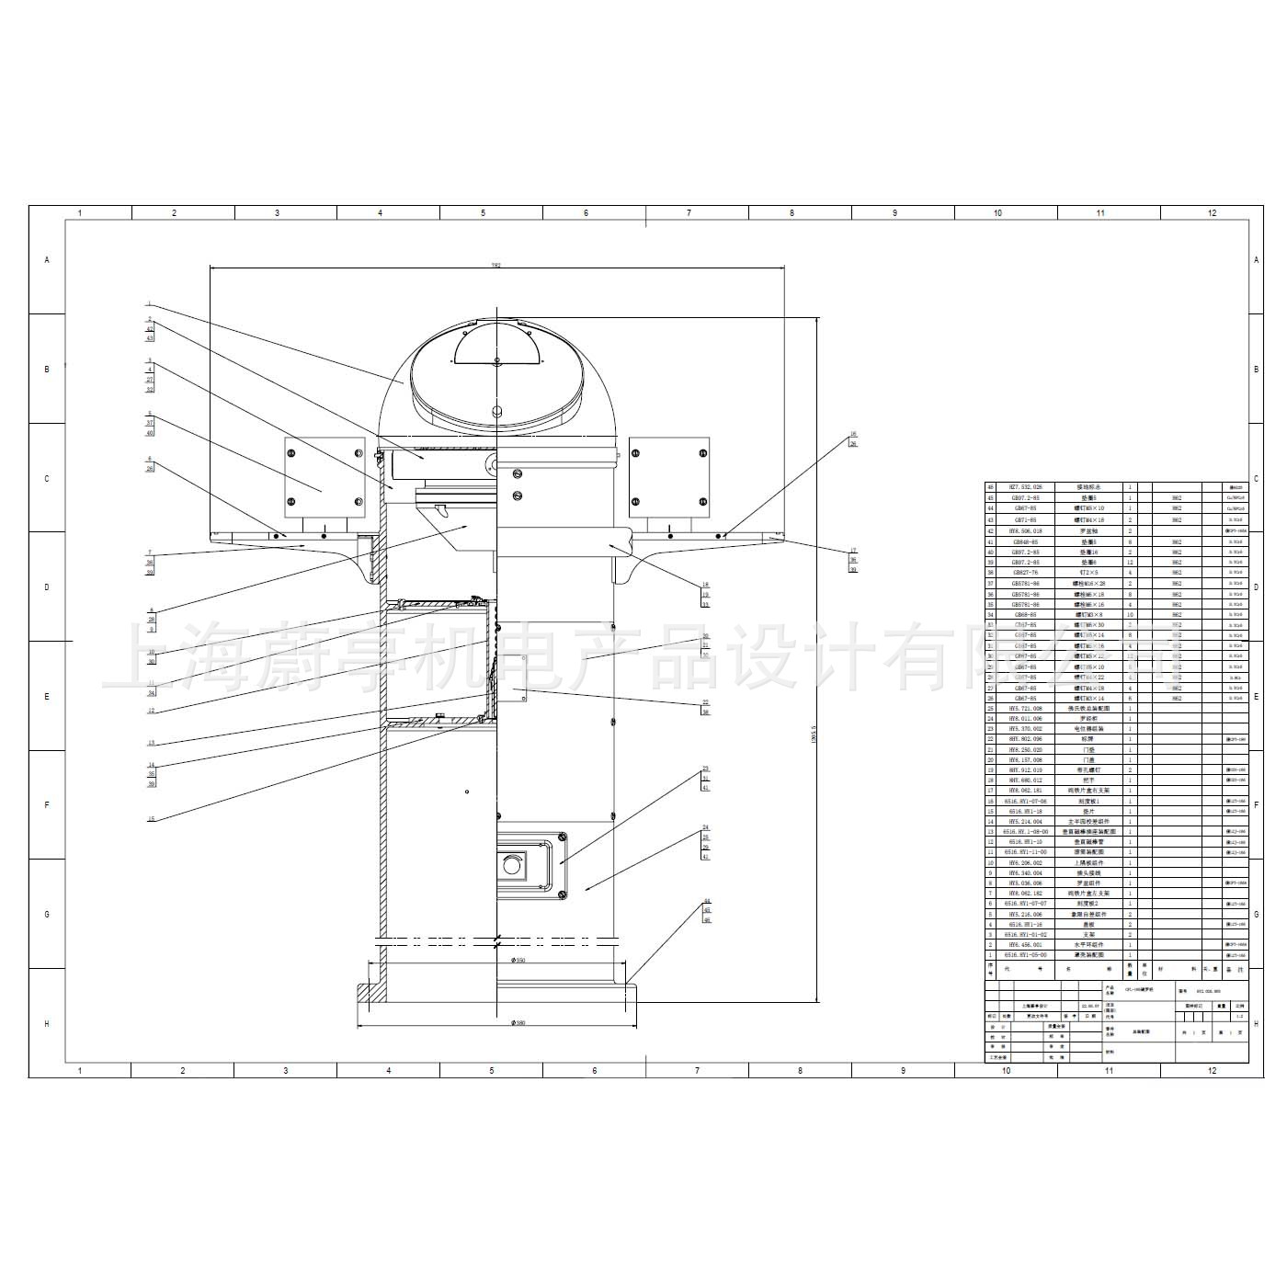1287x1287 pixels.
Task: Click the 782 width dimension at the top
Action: [x=495, y=265]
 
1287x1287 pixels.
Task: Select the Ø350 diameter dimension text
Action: [x=519, y=961]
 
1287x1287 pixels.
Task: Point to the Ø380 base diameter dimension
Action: [x=519, y=1022]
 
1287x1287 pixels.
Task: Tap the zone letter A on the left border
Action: [x=47, y=260]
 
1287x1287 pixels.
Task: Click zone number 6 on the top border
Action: [x=586, y=213]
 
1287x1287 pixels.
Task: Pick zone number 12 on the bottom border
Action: [x=1212, y=1070]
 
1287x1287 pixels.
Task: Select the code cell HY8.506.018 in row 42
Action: [x=1026, y=531]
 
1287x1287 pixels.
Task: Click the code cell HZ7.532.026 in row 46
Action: [x=1026, y=487]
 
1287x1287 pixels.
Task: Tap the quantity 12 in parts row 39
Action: [x=1130, y=563]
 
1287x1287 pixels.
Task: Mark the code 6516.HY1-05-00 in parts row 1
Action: [x=1026, y=955]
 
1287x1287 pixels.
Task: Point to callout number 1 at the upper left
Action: [x=149, y=304]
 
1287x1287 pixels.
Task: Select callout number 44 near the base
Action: [x=707, y=902]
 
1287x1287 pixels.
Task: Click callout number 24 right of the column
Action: [x=706, y=827]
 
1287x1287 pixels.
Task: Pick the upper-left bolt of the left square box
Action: [x=291, y=453]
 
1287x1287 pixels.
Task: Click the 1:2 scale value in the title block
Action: [x=1240, y=1016]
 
